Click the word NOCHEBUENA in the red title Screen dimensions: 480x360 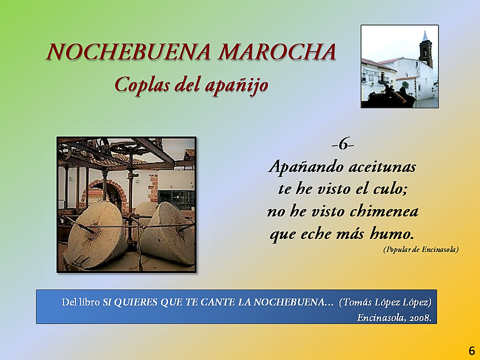point(129,51)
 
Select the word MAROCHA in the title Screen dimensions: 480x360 point(277,51)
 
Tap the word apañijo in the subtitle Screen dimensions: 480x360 point(236,85)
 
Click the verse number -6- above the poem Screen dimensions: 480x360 point(342,144)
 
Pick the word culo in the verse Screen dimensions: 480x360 point(389,189)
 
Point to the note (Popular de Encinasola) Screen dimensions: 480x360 point(421,249)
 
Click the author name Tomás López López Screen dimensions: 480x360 point(385,302)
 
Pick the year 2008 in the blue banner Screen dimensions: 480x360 point(420,318)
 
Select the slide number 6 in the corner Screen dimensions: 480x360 point(471,350)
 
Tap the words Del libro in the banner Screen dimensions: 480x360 point(81,302)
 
